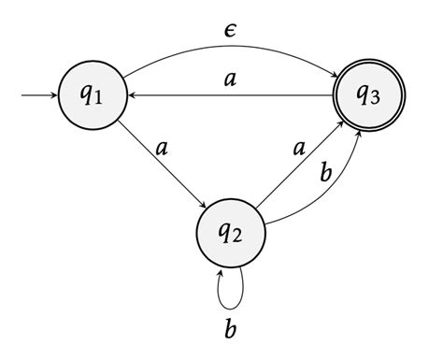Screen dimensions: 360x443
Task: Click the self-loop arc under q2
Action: (x=230, y=297)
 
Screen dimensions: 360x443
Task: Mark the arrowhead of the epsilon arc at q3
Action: (x=335, y=82)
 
